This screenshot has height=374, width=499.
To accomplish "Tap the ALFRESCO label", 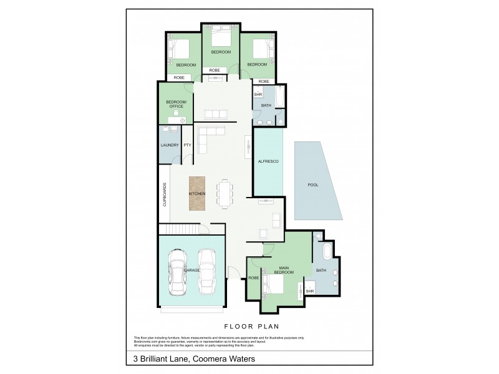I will coord(268,161).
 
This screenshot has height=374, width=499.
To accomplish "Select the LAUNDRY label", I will coord(170,145).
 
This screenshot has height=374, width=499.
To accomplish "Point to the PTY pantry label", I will coord(187,145).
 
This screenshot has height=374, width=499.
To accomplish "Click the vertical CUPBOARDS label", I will coord(165,194).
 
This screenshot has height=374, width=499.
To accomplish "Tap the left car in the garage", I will coord(178,273).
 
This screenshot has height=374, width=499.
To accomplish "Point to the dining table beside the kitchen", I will coord(224,193).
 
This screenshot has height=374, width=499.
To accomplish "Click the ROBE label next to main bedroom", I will coord(254,277).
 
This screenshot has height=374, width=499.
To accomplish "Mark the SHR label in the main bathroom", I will coord(309,290).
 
